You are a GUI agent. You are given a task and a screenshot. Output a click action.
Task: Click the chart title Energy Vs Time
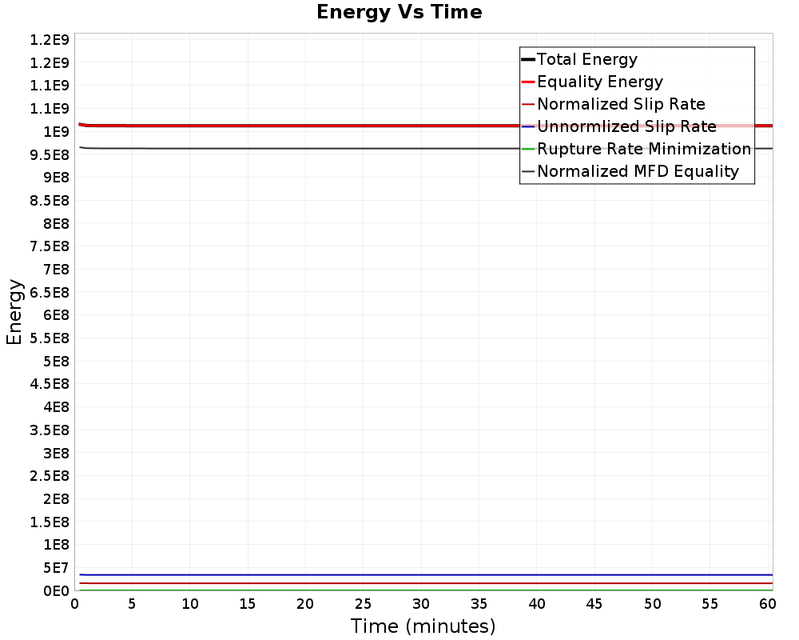coord(399,12)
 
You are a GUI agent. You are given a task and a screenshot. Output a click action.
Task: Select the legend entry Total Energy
coord(586,59)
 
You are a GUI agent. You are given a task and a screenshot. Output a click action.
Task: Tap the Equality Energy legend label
coord(599,82)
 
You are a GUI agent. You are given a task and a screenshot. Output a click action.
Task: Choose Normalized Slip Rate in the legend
coord(621,104)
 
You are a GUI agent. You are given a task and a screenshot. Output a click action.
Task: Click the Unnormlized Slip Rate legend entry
coord(626,126)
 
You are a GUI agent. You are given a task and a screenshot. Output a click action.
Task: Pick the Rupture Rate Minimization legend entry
coord(643,149)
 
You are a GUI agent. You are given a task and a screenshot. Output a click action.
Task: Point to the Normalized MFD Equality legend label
coord(638,171)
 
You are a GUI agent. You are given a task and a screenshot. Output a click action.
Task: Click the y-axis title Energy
coord(14,312)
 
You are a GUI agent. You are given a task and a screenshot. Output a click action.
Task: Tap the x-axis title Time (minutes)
coord(423,626)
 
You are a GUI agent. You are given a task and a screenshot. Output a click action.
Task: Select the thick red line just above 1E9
coord(320,126)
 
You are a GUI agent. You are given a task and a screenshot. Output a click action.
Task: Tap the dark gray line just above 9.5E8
coord(320,148)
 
